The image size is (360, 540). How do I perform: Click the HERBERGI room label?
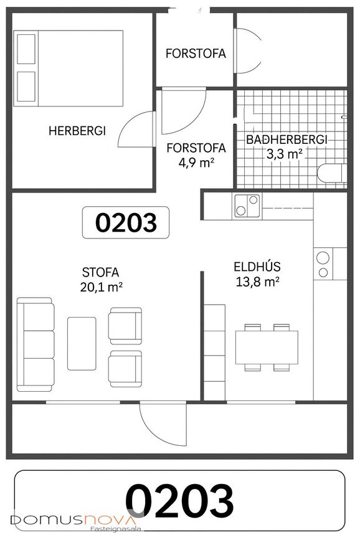coord(77,131)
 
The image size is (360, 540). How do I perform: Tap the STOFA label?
coord(101,272)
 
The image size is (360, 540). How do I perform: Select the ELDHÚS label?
coord(257,267)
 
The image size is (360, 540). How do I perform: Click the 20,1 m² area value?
coord(102,287)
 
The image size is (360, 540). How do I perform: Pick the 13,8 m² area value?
coord(257,282)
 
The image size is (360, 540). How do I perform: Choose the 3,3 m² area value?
coord(285,154)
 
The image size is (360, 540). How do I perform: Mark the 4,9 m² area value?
coord(196,162)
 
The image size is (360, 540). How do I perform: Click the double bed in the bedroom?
coord(69,68)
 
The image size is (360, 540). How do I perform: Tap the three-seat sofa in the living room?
coord(36,344)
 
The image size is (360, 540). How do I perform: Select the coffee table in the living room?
coord(82,344)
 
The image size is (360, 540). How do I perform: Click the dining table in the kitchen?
coord(267,347)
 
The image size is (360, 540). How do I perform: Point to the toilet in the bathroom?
coord(332,173)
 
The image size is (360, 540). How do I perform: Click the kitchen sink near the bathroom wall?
coord(247,206)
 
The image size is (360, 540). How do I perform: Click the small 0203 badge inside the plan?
coord(126,222)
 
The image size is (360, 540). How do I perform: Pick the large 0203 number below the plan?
coord(179,500)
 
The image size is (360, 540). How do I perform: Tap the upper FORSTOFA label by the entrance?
coord(196,54)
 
